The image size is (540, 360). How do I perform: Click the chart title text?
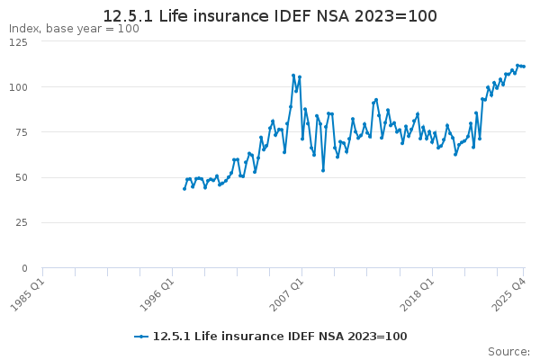coord(270,16)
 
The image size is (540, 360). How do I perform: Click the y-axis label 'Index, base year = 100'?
coord(74,29)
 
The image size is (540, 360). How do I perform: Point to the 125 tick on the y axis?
coord(19,42)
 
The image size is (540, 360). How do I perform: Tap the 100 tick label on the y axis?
coord(19,87)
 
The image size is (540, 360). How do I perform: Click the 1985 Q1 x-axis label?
coord(29,292)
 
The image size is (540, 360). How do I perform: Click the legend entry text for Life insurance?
coord(280,337)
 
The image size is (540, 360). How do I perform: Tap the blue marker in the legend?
coord(141,337)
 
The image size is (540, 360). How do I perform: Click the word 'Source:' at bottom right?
coord(508,351)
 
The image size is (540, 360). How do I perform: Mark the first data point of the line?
coord(184,188)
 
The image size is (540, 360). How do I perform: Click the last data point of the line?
coord(524,67)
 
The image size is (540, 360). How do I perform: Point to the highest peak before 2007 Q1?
coord(293,76)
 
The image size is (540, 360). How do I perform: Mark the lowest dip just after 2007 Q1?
coord(323,170)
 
